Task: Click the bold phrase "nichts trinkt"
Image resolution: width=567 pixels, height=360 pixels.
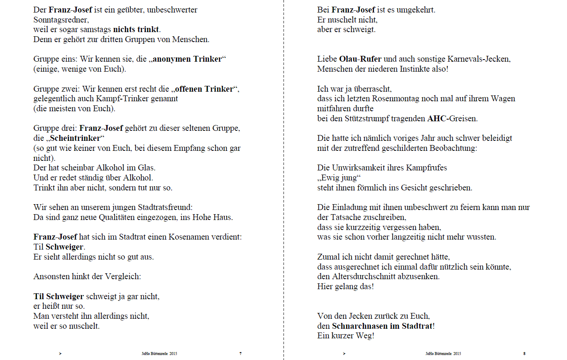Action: pyautogui.click(x=136, y=30)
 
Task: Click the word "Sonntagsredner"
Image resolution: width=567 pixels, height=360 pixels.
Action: pyautogui.click(x=61, y=20)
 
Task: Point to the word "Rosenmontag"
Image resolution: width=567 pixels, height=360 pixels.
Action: pyautogui.click(x=398, y=99)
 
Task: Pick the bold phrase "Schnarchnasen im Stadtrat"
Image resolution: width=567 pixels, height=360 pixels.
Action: pyautogui.click(x=383, y=326)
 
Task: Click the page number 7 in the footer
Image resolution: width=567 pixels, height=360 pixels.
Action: pyautogui.click(x=241, y=354)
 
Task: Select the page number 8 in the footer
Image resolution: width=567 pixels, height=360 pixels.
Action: pyautogui.click(x=524, y=354)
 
